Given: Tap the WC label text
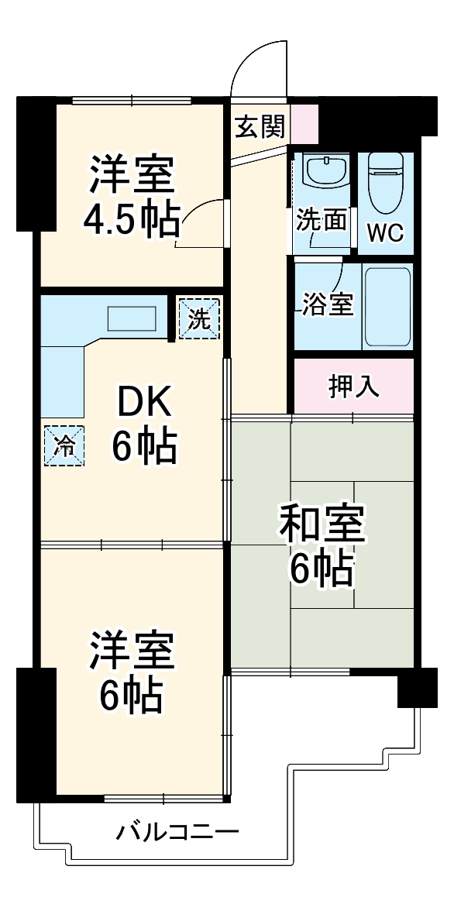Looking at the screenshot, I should [385, 233].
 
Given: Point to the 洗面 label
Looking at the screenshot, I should [321, 221].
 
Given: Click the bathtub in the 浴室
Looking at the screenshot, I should [387, 307].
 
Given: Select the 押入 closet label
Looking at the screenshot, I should [355, 387].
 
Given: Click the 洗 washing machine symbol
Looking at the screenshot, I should [199, 318].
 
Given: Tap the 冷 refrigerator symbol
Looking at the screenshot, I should [65, 446].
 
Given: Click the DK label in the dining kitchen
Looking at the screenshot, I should [143, 403].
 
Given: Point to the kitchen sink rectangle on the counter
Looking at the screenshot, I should [132, 318].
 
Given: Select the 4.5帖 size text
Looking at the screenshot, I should [132, 219].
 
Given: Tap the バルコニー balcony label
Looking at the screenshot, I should [177, 834].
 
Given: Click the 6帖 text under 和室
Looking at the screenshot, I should [322, 571].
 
